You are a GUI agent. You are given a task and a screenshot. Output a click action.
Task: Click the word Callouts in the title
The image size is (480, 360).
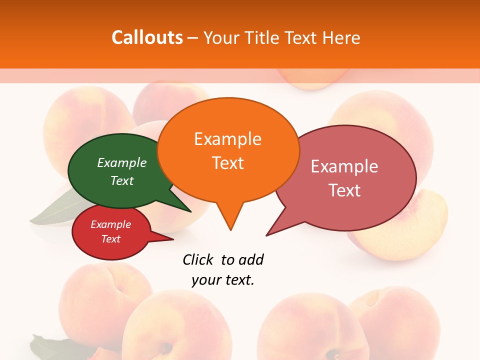(147, 37)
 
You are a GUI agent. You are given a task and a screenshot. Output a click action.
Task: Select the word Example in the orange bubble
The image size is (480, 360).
(227, 138)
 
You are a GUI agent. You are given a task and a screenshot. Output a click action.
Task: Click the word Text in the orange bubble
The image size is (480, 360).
(227, 162)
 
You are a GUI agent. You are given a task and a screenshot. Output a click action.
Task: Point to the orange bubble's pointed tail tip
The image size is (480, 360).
(230, 230)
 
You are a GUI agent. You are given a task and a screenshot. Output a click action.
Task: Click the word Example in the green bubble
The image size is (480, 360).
(122, 162)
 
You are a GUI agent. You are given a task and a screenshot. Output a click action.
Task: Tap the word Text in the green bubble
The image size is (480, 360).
(122, 180)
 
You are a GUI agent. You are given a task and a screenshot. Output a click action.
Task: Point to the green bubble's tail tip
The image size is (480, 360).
(191, 211)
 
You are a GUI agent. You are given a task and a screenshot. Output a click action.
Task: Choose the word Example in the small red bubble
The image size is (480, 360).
(110, 224)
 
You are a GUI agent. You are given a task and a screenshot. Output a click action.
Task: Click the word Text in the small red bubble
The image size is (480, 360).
(110, 239)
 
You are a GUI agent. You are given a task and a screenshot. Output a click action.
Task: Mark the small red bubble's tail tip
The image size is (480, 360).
(173, 239)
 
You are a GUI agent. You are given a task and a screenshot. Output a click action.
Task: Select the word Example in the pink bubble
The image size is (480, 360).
(344, 166)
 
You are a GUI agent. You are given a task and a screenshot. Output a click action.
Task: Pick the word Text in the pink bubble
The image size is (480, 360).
(344, 190)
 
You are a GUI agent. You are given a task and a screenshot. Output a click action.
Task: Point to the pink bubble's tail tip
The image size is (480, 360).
(266, 235)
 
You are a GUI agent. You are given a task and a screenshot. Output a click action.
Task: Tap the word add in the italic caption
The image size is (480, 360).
(251, 259)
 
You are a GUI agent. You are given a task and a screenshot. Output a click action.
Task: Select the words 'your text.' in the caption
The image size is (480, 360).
(223, 280)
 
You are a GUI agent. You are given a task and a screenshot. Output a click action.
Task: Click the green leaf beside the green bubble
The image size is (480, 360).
(55, 210)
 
